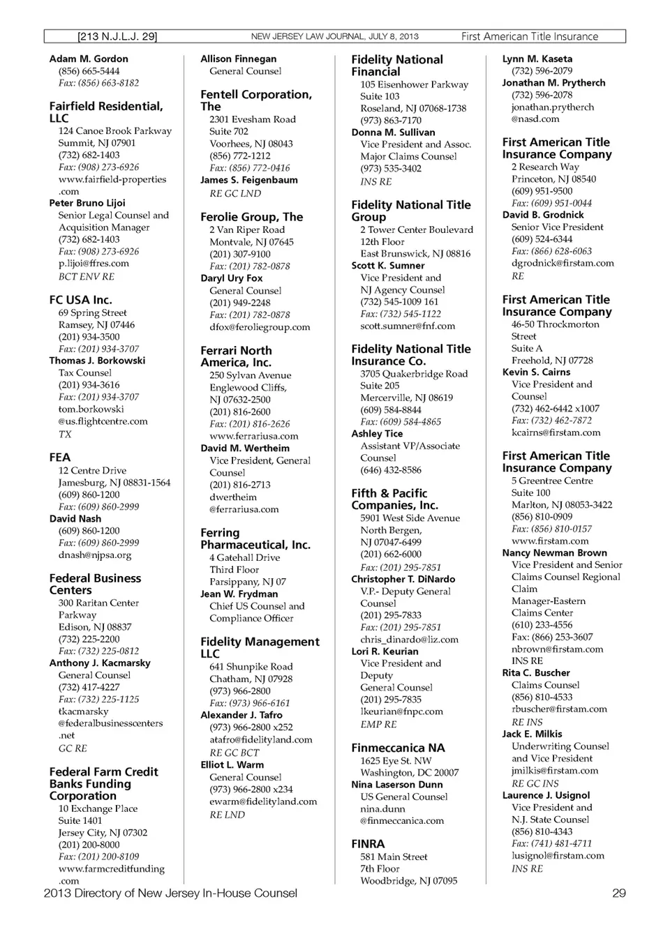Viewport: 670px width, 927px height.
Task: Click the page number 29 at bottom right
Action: coord(618,894)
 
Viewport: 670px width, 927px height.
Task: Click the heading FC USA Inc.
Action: coord(80,300)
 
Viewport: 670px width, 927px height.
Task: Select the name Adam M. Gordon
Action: coord(89,59)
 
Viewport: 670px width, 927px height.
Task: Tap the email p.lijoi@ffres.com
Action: coord(94,264)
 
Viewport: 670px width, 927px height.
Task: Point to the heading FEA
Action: coord(60,458)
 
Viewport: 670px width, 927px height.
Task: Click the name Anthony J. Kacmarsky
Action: coord(100,663)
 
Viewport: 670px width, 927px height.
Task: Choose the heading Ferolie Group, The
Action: coord(251,217)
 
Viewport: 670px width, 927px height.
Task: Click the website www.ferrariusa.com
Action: coord(253,436)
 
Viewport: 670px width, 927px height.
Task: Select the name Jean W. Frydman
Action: coord(239,594)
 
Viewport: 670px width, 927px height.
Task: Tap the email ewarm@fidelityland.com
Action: coord(263,801)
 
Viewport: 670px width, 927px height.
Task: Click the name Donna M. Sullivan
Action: coord(393,132)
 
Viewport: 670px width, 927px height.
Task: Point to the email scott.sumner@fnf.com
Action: coord(408,326)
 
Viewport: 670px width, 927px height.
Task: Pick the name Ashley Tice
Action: coord(377,433)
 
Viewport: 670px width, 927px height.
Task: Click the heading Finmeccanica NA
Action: coord(398,748)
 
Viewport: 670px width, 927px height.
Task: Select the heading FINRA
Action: coord(368,844)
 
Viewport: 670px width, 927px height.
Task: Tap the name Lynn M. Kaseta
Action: coord(537,59)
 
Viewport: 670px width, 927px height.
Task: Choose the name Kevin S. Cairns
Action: coord(536,372)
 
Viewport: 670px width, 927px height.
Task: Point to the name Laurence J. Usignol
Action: coord(546,795)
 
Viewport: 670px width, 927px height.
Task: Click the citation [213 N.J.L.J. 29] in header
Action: coord(117,36)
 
